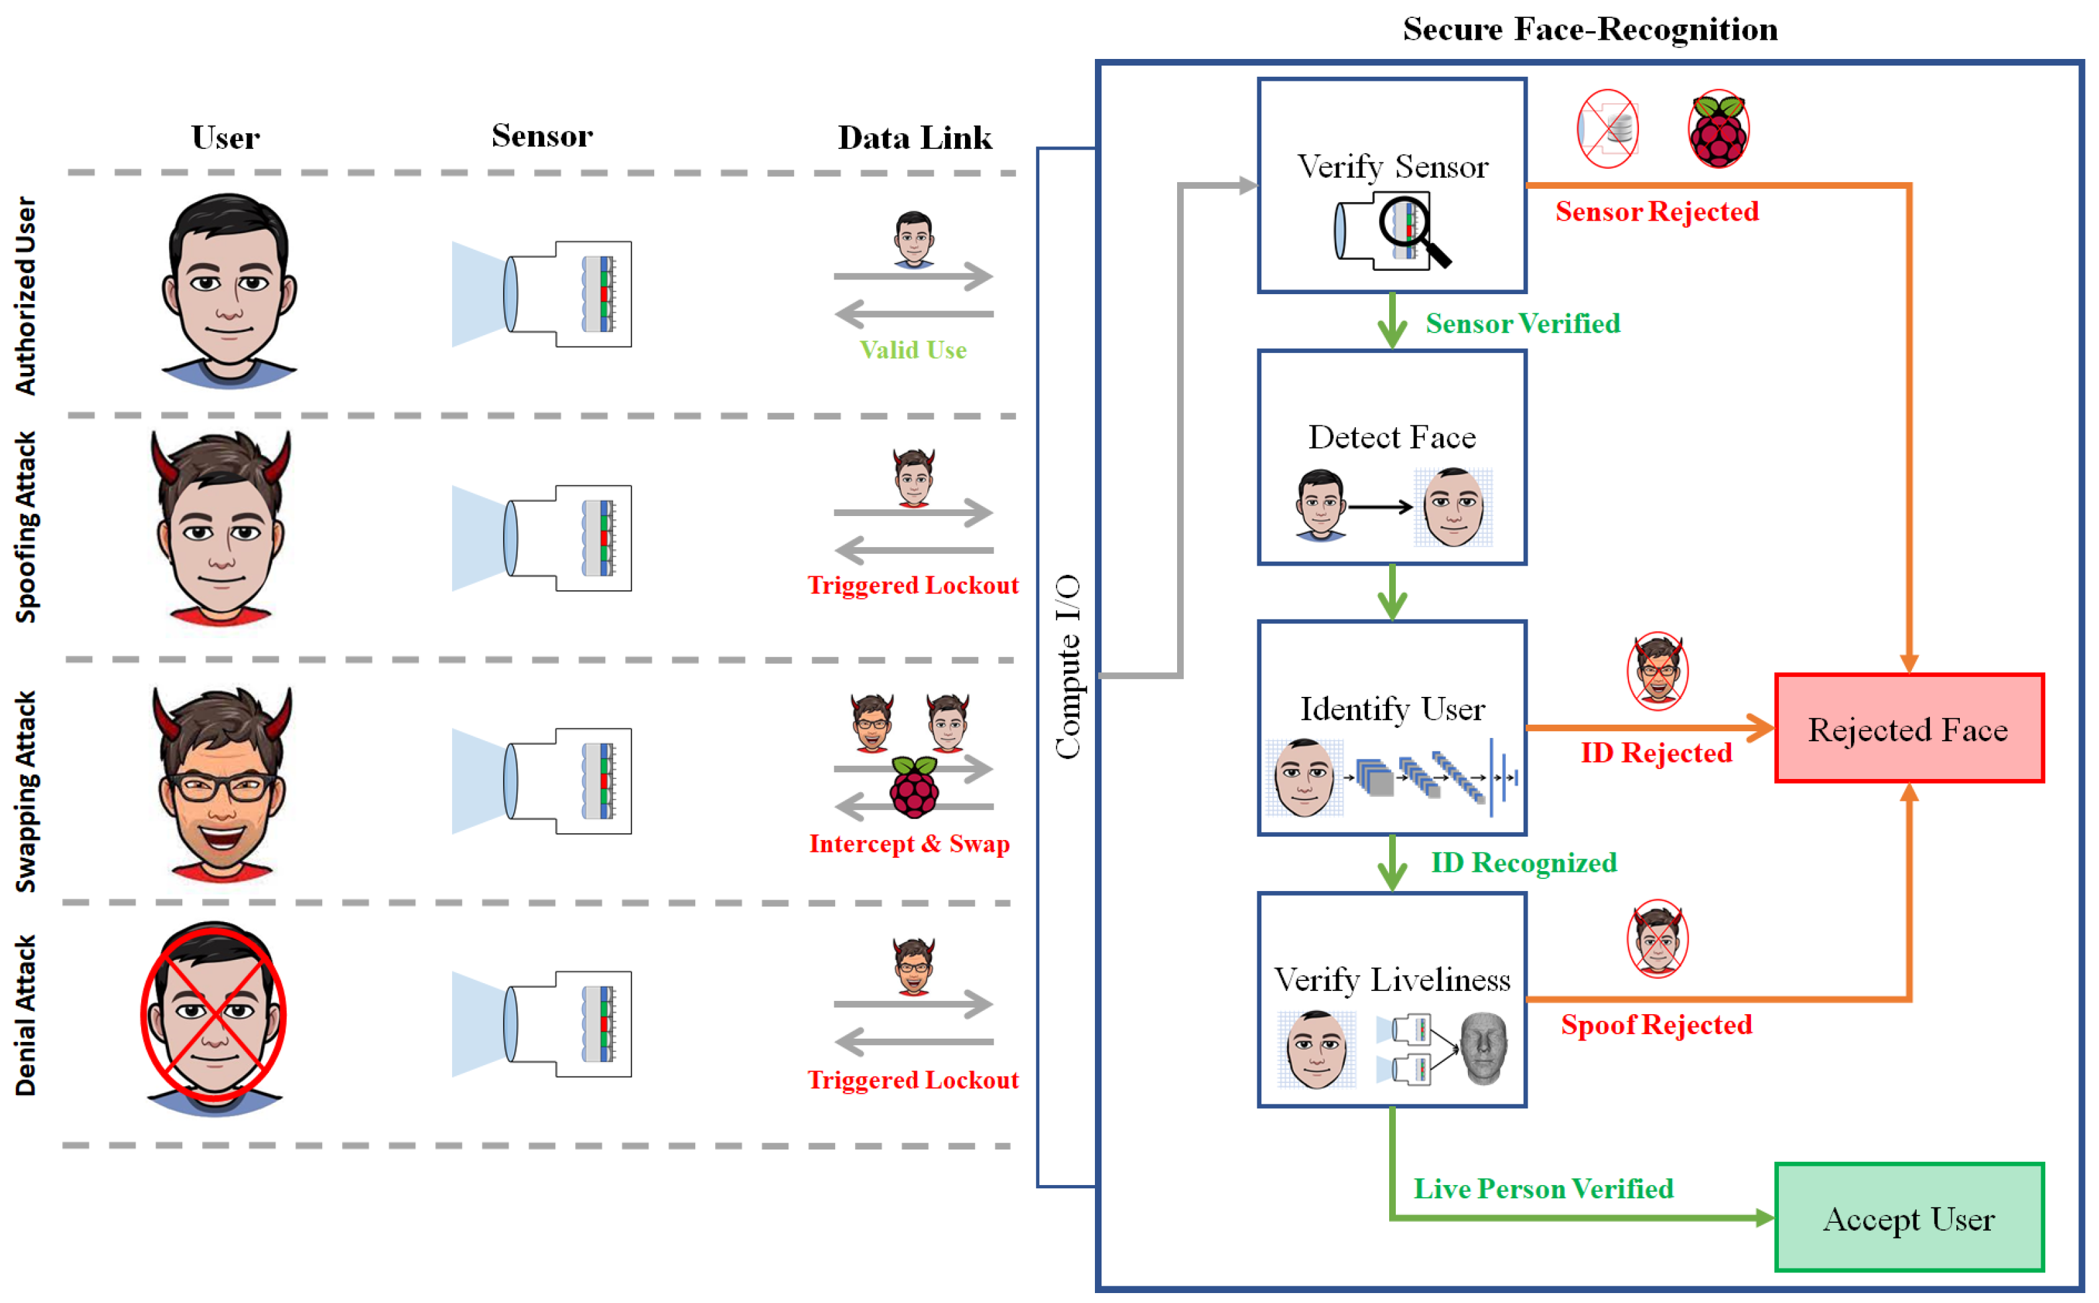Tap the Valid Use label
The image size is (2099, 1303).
click(913, 350)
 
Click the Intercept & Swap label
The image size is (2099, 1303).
click(909, 844)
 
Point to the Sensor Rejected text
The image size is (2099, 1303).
click(1656, 212)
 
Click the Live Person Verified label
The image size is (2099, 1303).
click(1543, 1189)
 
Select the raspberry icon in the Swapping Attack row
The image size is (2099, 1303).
click(915, 788)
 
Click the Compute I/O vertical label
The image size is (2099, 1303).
click(1068, 667)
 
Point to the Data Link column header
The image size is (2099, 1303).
click(915, 138)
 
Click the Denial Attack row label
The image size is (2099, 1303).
click(26, 1015)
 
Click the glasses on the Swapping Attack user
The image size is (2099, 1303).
click(223, 788)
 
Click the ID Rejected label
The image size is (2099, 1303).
click(1656, 753)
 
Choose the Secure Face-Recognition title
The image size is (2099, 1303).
click(1589, 29)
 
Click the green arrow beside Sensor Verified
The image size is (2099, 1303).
click(1392, 323)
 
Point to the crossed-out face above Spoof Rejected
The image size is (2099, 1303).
click(1657, 939)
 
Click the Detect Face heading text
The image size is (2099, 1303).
click(1392, 438)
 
